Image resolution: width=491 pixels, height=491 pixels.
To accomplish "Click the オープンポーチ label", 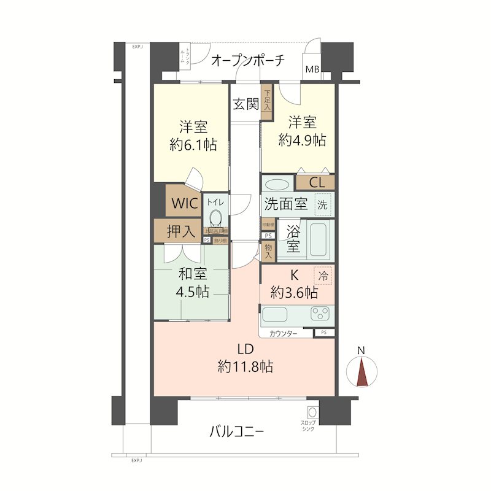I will click(x=248, y=61).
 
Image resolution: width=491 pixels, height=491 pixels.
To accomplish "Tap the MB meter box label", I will click(x=312, y=69).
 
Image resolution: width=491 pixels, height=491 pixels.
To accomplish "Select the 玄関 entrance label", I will click(x=245, y=104).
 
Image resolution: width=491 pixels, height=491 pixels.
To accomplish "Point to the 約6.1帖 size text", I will click(x=193, y=145).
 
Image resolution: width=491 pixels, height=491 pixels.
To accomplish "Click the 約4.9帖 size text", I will click(x=301, y=139).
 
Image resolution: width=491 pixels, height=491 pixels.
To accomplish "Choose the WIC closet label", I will click(x=185, y=203).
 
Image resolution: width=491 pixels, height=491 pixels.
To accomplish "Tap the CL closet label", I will click(x=317, y=182).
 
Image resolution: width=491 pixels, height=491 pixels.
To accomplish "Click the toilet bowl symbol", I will click(x=215, y=218).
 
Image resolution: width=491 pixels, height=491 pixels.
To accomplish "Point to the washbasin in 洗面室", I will click(x=277, y=184).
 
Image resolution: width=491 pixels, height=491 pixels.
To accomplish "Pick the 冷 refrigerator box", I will click(x=323, y=276).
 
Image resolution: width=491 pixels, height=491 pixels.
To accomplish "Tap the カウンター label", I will click(x=283, y=333).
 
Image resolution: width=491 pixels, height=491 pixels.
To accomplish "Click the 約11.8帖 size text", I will click(x=245, y=366).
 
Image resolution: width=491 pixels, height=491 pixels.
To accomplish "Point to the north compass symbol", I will click(x=361, y=371).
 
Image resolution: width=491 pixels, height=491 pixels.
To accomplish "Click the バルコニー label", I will click(x=237, y=431).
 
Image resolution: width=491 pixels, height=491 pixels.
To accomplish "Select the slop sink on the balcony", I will click(x=313, y=413).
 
